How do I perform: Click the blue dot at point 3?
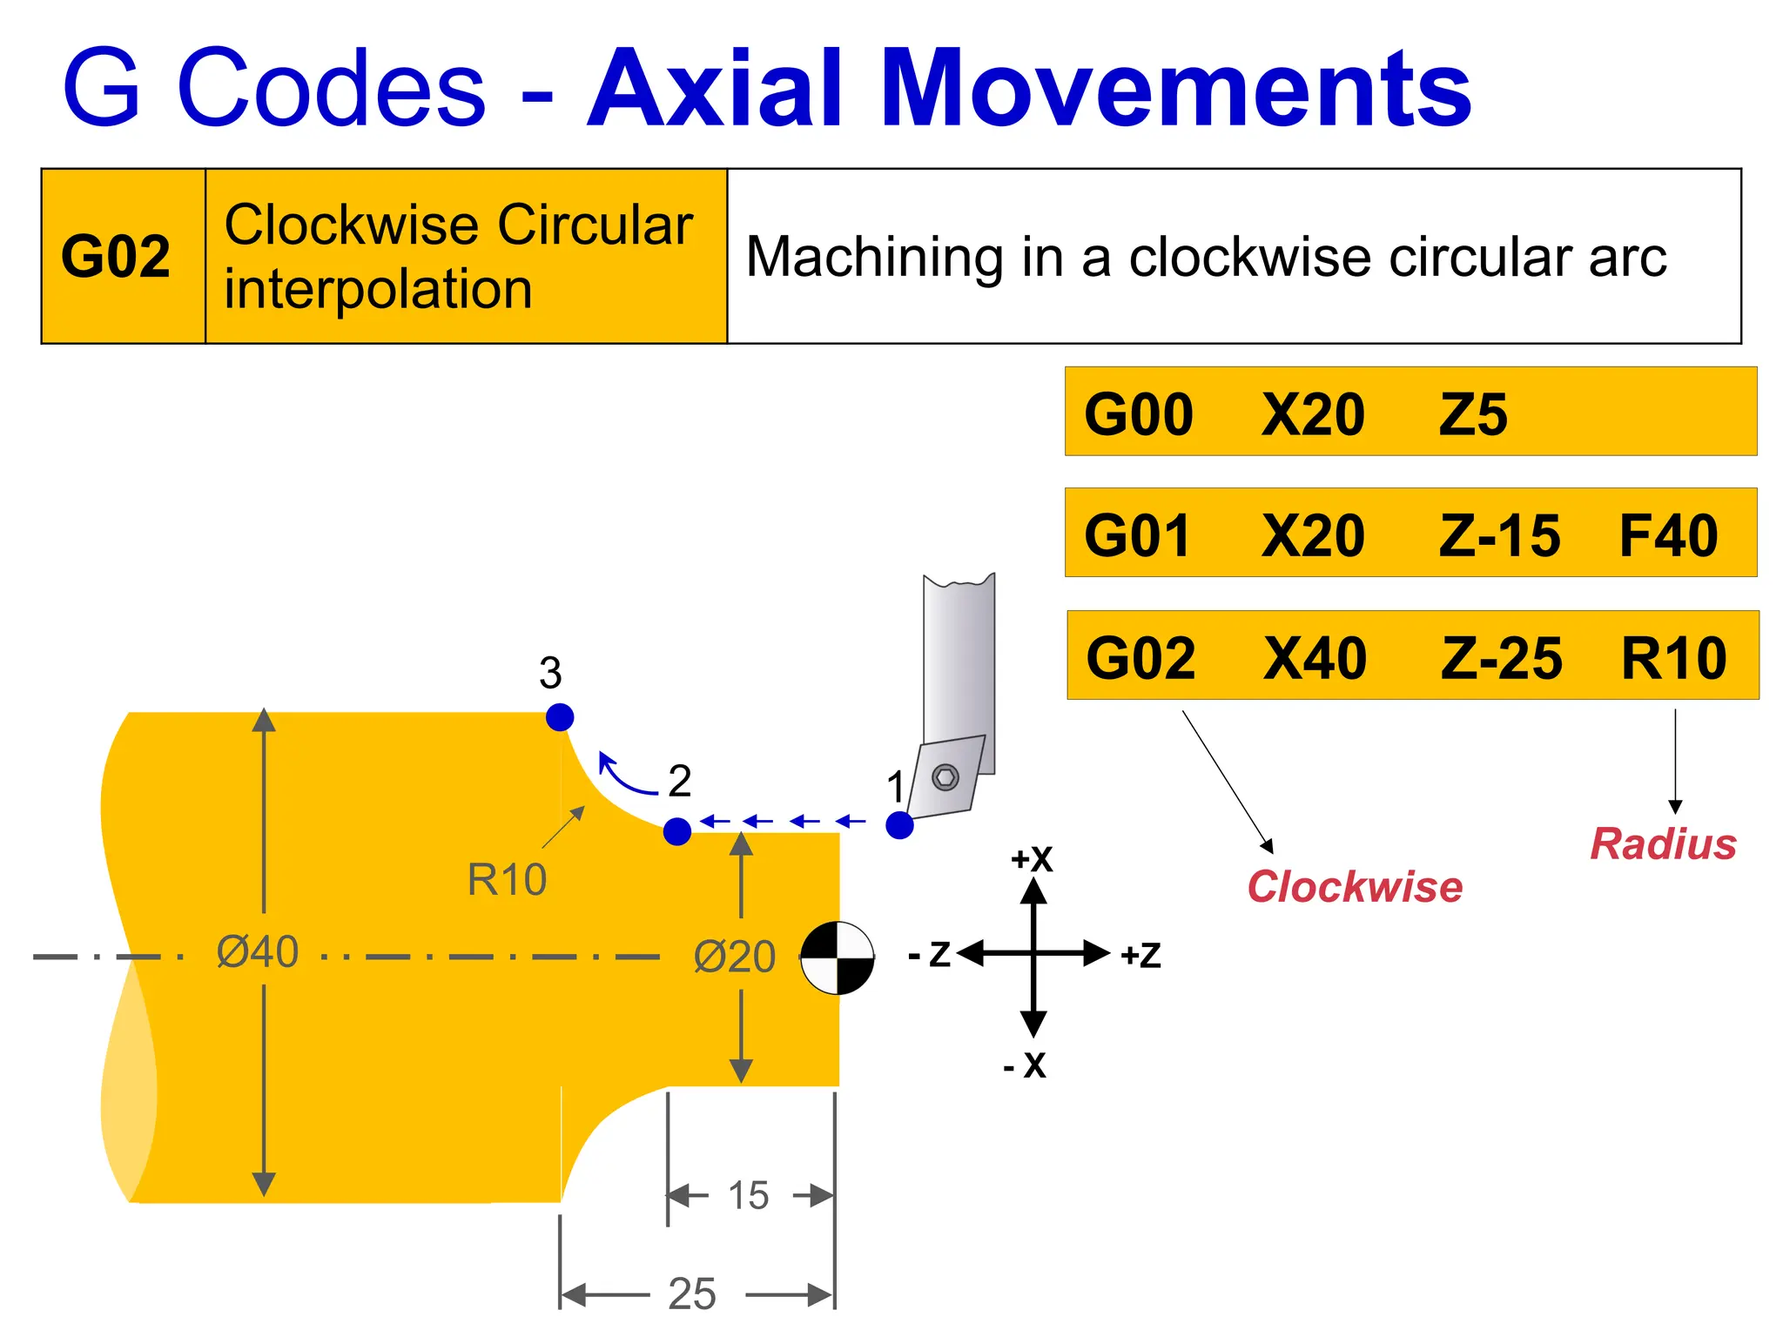(x=560, y=717)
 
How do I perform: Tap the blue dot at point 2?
(x=677, y=831)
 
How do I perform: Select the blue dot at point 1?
(x=899, y=825)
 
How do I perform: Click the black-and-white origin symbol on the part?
(x=838, y=958)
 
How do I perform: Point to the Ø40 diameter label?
(x=258, y=951)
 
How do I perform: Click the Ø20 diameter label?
(x=735, y=957)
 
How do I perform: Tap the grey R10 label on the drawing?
(x=507, y=879)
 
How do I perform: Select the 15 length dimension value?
(x=749, y=1196)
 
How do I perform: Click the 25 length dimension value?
(x=692, y=1293)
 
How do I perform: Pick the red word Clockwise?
(x=1355, y=887)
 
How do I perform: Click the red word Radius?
(x=1663, y=844)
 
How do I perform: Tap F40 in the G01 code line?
(x=1668, y=535)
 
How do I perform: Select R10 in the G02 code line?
(x=1673, y=658)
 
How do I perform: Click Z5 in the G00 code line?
(x=1473, y=414)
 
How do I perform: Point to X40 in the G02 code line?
(x=1315, y=658)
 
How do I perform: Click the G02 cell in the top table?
(x=116, y=257)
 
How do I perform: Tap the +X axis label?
(x=1032, y=860)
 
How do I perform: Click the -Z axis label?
(x=929, y=955)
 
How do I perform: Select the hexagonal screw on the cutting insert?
(x=945, y=776)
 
